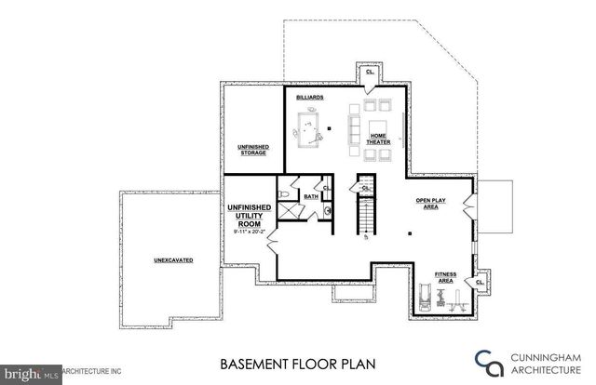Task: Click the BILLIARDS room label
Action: coord(310,97)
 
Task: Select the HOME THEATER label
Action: coord(379,139)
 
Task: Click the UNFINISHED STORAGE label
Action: coord(253,150)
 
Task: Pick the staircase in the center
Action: coord(366,215)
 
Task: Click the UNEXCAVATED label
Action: coord(173,259)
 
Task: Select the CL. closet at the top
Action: coord(370,72)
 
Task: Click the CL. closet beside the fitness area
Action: coord(481,282)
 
